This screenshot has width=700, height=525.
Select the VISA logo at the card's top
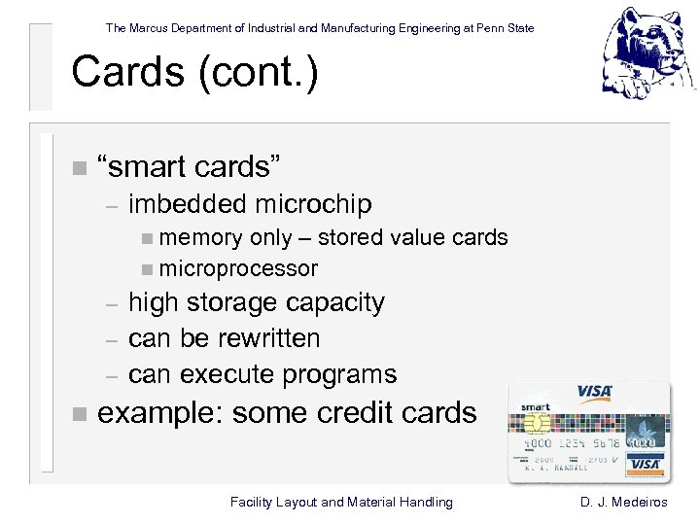[594, 393]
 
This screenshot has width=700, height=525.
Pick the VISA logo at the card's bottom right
[645, 464]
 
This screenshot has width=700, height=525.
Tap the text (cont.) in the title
[260, 73]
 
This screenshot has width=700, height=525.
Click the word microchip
[313, 204]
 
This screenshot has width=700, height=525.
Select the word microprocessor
[238, 268]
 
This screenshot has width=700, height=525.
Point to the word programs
[339, 374]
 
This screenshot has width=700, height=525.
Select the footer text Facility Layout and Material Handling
[341, 502]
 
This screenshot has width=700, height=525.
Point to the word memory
[200, 237]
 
